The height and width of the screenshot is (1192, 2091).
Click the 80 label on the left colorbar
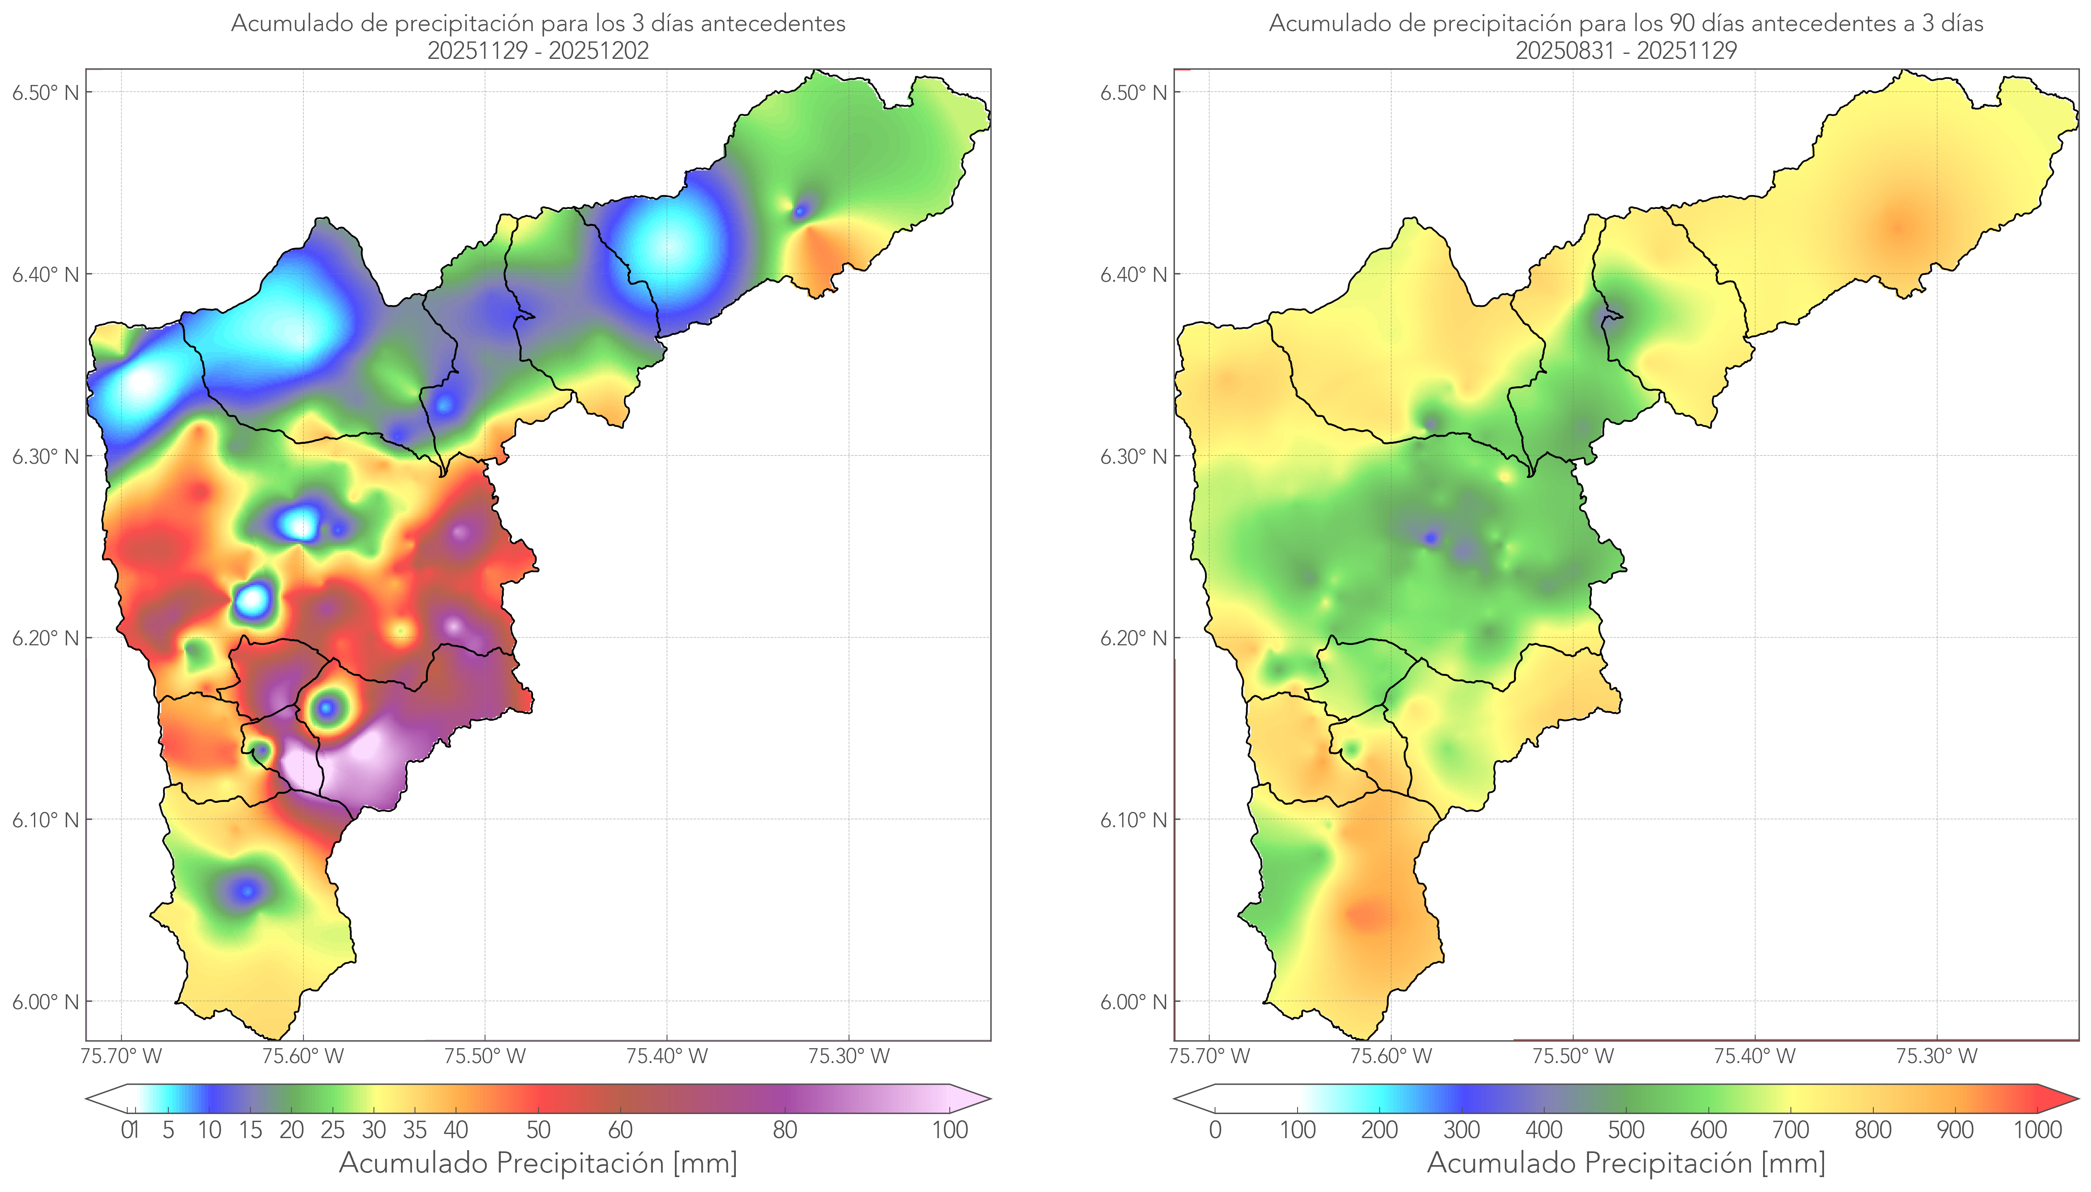[784, 1130]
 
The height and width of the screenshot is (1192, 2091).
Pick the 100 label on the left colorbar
[950, 1130]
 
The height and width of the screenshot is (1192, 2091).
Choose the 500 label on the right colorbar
[1626, 1130]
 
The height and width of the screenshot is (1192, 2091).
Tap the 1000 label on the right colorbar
[2037, 1130]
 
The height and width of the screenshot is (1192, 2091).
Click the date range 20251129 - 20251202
[538, 51]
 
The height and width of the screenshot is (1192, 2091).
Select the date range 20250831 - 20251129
[1626, 51]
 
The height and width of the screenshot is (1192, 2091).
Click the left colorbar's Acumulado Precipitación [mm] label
[538, 1163]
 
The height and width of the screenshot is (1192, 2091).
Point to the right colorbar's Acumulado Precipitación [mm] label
[1626, 1163]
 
